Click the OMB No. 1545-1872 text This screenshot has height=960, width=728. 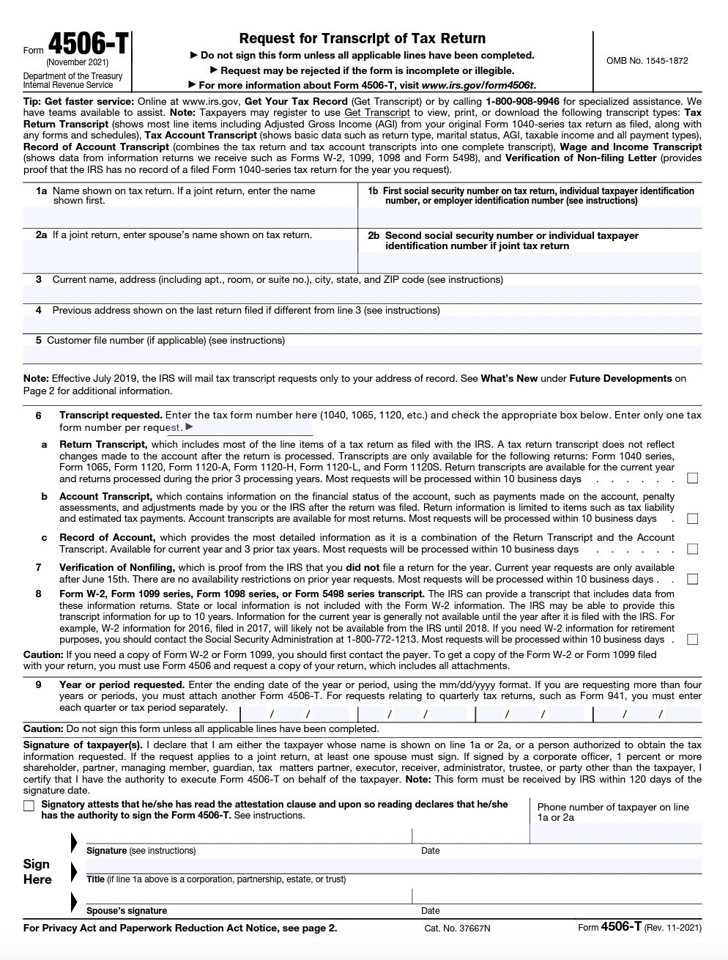coord(647,61)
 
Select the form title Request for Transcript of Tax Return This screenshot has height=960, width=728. coord(363,39)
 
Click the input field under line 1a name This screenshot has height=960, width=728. coord(190,218)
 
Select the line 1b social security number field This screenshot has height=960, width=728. coord(530,218)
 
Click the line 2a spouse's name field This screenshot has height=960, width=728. coord(190,256)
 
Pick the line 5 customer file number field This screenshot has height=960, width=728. coord(363,355)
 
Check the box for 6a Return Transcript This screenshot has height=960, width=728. coord(692,479)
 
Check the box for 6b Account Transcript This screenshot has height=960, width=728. coord(692,519)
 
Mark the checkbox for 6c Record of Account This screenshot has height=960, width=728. coord(692,549)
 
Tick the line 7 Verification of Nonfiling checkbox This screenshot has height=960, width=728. coord(692,579)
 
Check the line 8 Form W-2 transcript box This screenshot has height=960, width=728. coord(692,639)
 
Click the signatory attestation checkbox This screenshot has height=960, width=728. coord(29,806)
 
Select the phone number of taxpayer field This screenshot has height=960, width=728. coord(615,832)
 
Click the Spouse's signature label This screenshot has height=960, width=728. coord(127,911)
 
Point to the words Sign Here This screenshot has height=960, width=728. coord(37,872)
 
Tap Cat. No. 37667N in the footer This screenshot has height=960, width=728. coord(457,928)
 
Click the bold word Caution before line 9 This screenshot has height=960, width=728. coord(42,654)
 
